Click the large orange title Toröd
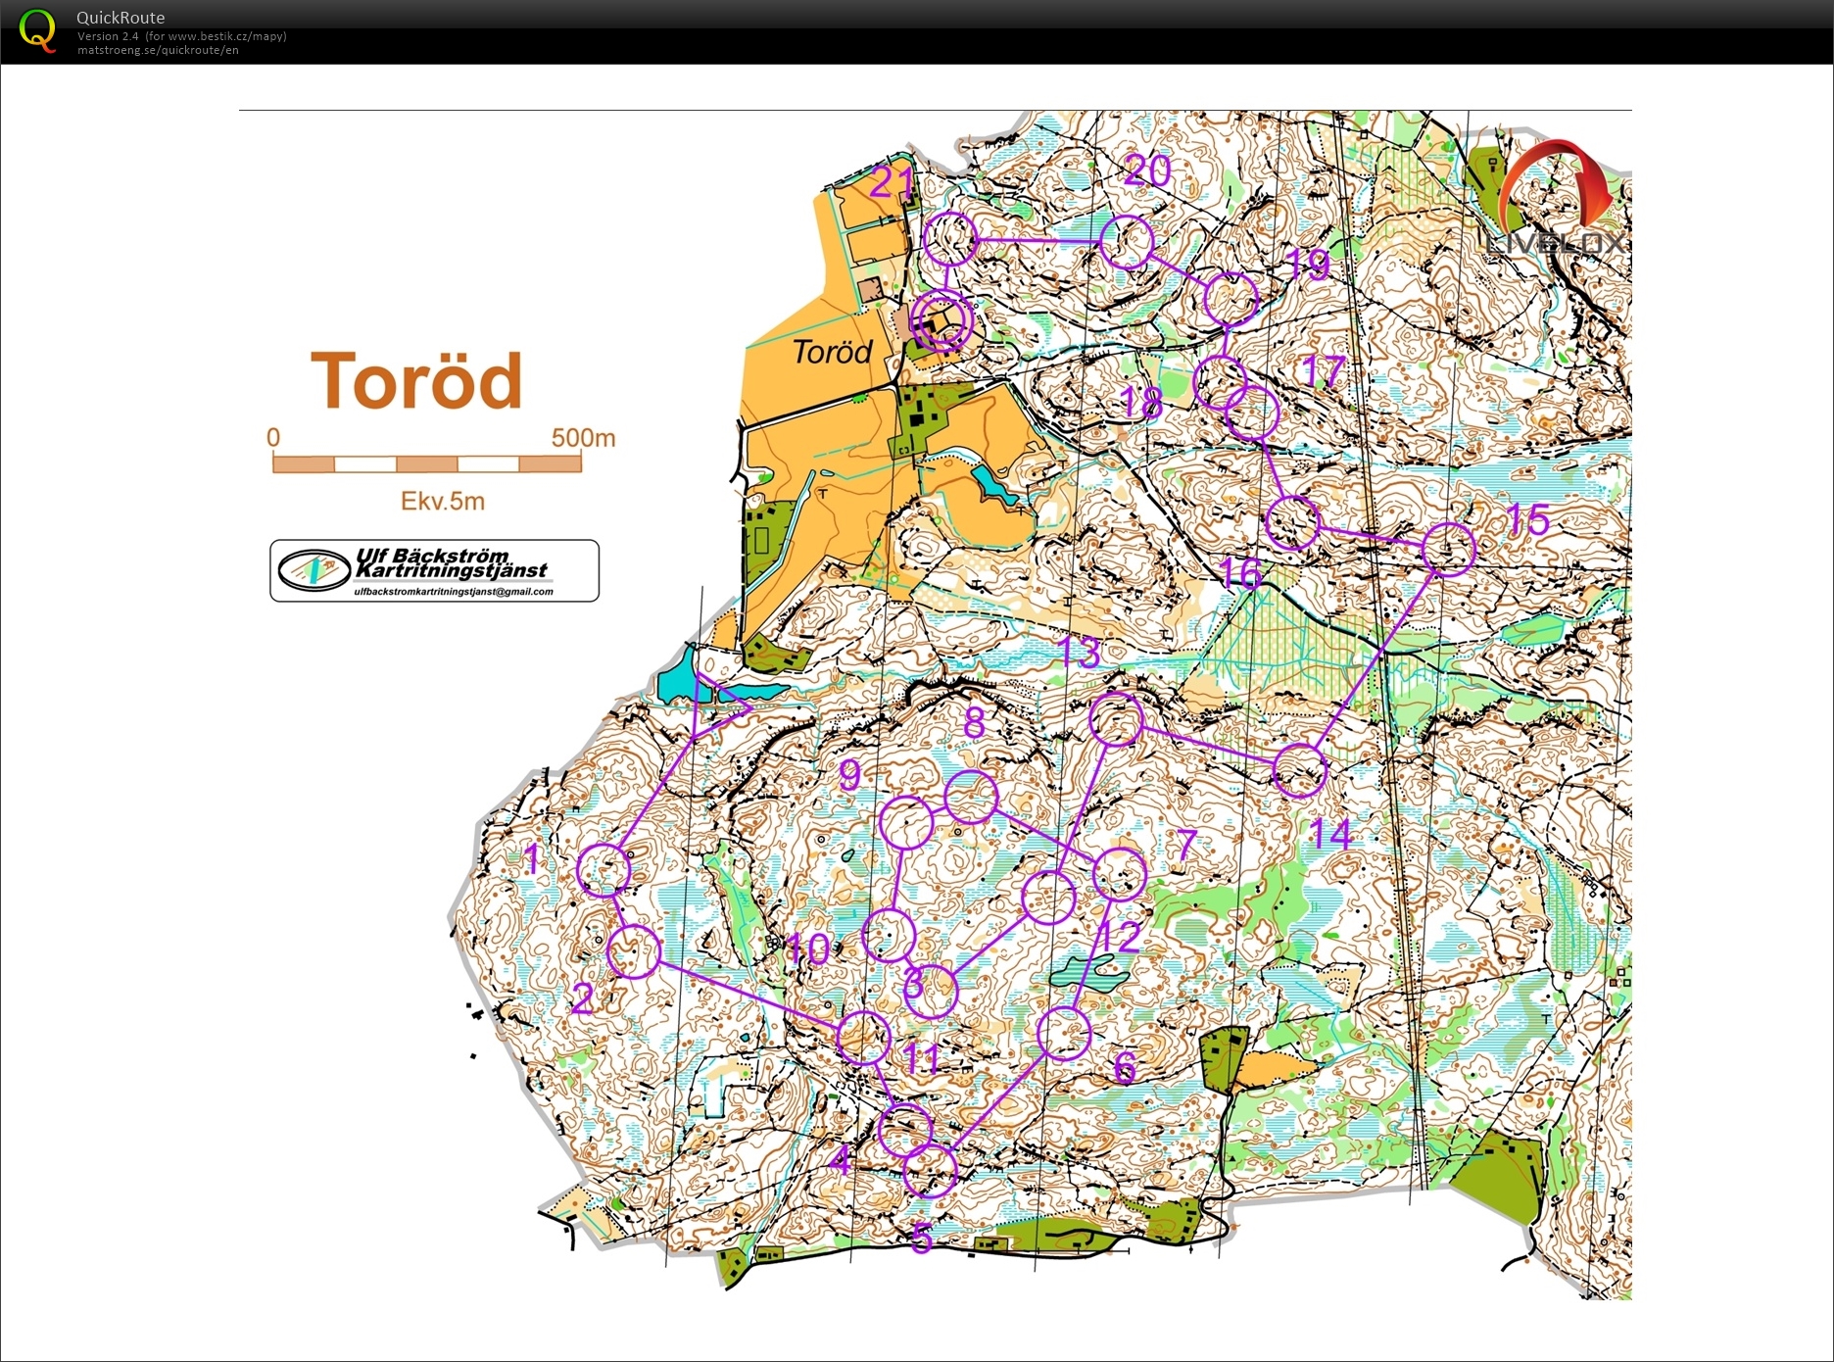tap(416, 381)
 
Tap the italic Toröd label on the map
tap(832, 352)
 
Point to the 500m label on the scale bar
tap(583, 438)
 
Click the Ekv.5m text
tap(443, 502)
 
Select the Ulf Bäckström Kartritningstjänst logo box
tap(434, 570)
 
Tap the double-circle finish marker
tap(941, 320)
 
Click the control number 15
tap(1528, 519)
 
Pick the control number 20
tap(1147, 171)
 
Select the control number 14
tap(1332, 835)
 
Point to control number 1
tap(532, 859)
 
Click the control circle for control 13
tap(1117, 719)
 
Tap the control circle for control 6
tap(1064, 1033)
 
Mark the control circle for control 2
tap(634, 950)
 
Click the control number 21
tap(893, 182)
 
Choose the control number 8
tap(974, 722)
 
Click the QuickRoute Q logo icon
tap(37, 30)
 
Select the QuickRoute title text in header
tap(121, 18)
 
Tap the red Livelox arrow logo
tap(1558, 186)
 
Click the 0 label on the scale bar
tap(273, 438)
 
